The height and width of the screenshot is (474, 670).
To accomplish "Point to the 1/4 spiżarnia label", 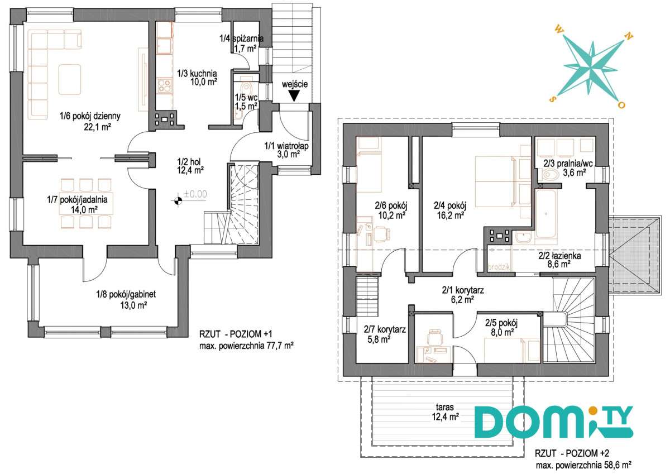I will [241, 39].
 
